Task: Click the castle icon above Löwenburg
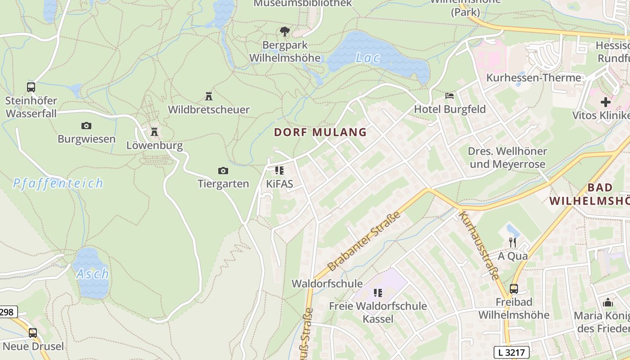click(x=154, y=132)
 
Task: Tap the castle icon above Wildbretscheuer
click(x=209, y=96)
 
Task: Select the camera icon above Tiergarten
click(x=223, y=171)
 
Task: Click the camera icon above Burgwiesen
click(x=86, y=126)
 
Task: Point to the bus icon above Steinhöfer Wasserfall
click(x=31, y=87)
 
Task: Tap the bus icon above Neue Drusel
click(x=33, y=333)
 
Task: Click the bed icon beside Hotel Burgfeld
click(x=449, y=96)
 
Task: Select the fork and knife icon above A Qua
click(x=513, y=243)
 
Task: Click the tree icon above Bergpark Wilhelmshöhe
click(x=284, y=31)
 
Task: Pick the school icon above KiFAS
click(x=279, y=171)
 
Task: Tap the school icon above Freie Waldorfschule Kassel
click(x=378, y=293)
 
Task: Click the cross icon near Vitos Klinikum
click(x=606, y=102)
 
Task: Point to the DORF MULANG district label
click(x=320, y=132)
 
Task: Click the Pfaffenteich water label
click(x=58, y=184)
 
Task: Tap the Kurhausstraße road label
click(x=480, y=245)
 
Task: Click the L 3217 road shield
click(x=511, y=352)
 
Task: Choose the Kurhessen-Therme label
click(x=534, y=78)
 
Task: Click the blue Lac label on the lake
click(x=368, y=58)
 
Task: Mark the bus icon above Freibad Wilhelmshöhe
click(x=514, y=289)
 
